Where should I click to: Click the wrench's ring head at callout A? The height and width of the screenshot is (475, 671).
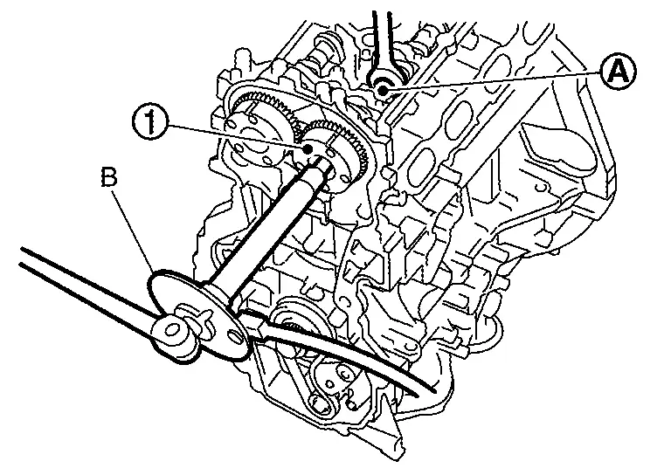382,85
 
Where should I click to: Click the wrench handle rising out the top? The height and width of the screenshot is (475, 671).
381,35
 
